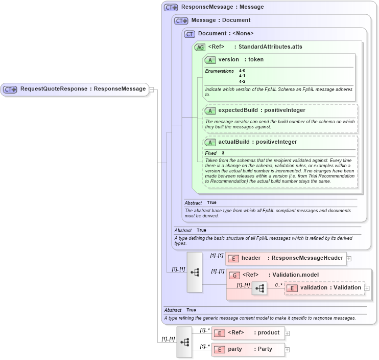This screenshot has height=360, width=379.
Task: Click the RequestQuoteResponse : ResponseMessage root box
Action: coord(75,89)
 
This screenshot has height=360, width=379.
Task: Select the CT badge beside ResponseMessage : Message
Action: coord(171,7)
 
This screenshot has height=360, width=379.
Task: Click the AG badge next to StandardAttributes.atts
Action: coord(201,47)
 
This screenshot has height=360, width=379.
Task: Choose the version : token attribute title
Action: coord(241,60)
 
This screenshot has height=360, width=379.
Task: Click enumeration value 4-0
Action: coord(242,71)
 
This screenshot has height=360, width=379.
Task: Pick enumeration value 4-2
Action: coord(242,81)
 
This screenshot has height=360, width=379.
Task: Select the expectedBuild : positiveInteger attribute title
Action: coord(262,110)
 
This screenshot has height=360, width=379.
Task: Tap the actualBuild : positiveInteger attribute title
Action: coord(257,142)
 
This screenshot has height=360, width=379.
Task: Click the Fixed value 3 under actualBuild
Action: coord(223,153)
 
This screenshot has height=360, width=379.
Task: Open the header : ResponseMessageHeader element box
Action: coord(286,258)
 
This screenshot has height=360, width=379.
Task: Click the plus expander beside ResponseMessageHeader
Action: coord(349,259)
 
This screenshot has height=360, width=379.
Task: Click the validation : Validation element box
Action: coord(324,288)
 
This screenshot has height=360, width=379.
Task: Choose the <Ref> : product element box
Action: coord(248,333)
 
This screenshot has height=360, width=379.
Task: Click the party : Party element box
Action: coord(248,349)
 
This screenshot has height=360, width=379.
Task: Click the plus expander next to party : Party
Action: coord(287,350)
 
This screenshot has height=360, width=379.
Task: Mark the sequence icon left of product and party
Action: coord(184,342)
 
